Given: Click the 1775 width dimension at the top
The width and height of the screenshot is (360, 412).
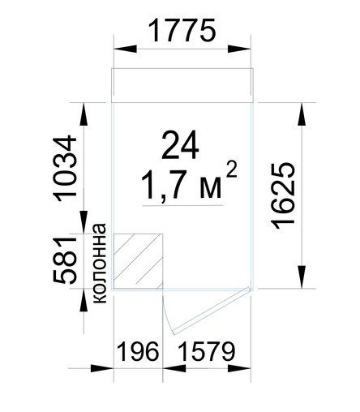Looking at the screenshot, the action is (182, 30).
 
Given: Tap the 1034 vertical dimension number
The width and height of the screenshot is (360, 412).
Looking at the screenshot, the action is (66, 170).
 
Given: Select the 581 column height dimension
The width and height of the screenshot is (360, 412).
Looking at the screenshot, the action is (66, 261).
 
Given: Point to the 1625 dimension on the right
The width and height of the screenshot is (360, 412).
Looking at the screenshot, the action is (284, 196).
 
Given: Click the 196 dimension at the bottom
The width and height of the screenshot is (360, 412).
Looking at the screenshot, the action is (138, 351).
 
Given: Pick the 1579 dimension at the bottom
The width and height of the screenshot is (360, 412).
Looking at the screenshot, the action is (206, 351).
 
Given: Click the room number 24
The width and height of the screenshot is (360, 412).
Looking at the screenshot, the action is (180, 145).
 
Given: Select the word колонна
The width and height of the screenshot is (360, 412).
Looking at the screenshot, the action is (99, 263).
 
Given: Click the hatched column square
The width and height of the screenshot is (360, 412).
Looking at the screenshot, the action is (138, 261).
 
